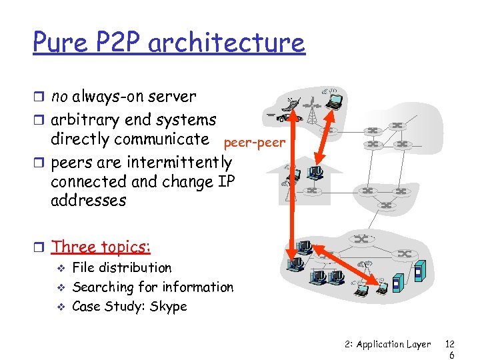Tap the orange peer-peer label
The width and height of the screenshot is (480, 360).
(254, 143)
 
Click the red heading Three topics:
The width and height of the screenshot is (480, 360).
(101, 247)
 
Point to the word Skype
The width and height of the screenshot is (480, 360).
(169, 307)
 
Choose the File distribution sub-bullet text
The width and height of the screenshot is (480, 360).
(121, 268)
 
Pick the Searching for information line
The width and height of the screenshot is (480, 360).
(152, 287)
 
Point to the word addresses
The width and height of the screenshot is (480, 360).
(88, 200)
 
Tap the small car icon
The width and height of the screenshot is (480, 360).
(281, 117)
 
